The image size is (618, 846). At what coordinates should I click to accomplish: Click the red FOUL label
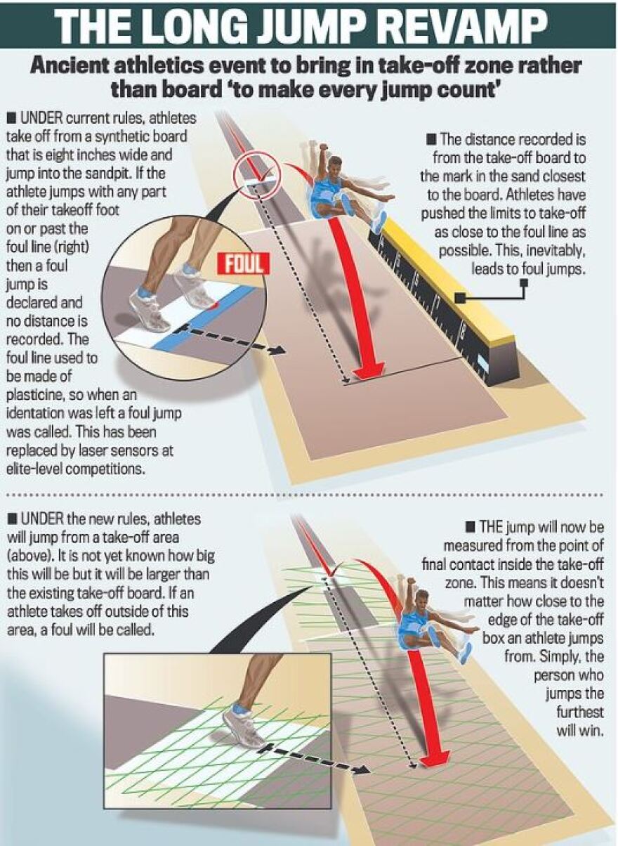tap(244, 263)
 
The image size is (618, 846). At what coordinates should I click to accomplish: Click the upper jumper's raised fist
tap(323, 147)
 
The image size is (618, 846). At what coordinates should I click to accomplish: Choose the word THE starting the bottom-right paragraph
tap(492, 527)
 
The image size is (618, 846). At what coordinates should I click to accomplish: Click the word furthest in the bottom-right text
tap(579, 712)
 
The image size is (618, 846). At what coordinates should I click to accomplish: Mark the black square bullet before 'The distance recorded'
tap(433, 140)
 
